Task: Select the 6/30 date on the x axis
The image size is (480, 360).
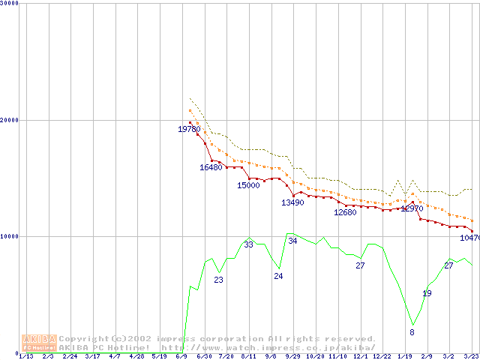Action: pos(204,357)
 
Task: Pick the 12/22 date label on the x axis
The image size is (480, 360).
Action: pos(382,357)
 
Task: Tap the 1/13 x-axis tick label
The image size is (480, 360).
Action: pos(25,357)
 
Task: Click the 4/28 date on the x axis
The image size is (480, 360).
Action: pos(137,357)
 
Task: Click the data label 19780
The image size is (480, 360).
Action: pos(189,130)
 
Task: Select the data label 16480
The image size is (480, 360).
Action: pos(211,167)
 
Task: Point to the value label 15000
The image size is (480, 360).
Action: pos(248,185)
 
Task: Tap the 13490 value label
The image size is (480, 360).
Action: pos(292,202)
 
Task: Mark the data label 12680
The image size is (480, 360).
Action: pos(345,212)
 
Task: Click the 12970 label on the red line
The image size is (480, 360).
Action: pos(412,208)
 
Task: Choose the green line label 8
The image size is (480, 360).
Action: pos(412,331)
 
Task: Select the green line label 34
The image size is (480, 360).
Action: pos(292,241)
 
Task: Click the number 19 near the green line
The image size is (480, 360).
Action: pos(427,293)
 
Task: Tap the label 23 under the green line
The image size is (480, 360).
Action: pos(218,280)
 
